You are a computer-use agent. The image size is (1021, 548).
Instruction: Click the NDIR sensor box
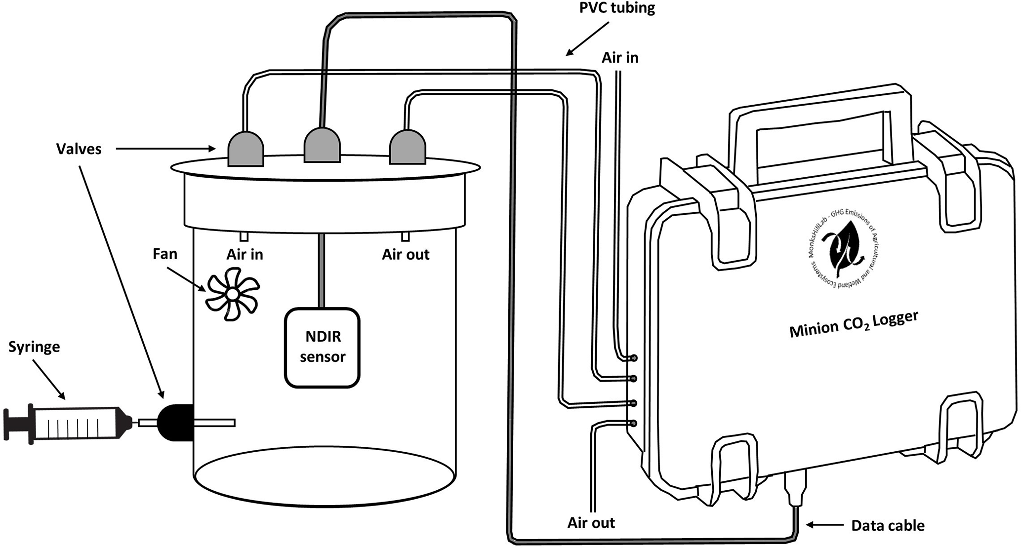pos(322,348)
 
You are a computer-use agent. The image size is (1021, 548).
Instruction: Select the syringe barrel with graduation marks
pos(79,423)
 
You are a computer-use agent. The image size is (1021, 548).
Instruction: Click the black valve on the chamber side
pos(175,423)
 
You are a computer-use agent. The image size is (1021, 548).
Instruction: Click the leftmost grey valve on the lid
pos(245,148)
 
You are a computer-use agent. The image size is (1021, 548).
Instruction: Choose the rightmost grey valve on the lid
pos(408,146)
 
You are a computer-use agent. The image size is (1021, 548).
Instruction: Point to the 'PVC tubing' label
pos(617,8)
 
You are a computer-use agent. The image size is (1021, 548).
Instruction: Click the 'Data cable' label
pos(888,525)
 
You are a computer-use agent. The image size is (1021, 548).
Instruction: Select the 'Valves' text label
pos(79,149)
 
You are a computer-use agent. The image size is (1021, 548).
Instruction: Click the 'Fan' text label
pos(164,254)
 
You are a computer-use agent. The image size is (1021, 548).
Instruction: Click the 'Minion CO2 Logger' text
pos(854,324)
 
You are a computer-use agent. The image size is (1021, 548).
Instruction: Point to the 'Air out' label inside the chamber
pos(406,255)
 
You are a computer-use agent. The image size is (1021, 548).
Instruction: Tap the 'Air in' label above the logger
pos(620,58)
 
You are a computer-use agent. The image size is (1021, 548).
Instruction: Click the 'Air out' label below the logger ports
pos(591,523)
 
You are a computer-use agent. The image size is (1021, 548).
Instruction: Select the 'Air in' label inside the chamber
pos(245,254)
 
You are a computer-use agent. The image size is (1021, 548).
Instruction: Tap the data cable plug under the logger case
pos(795,488)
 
